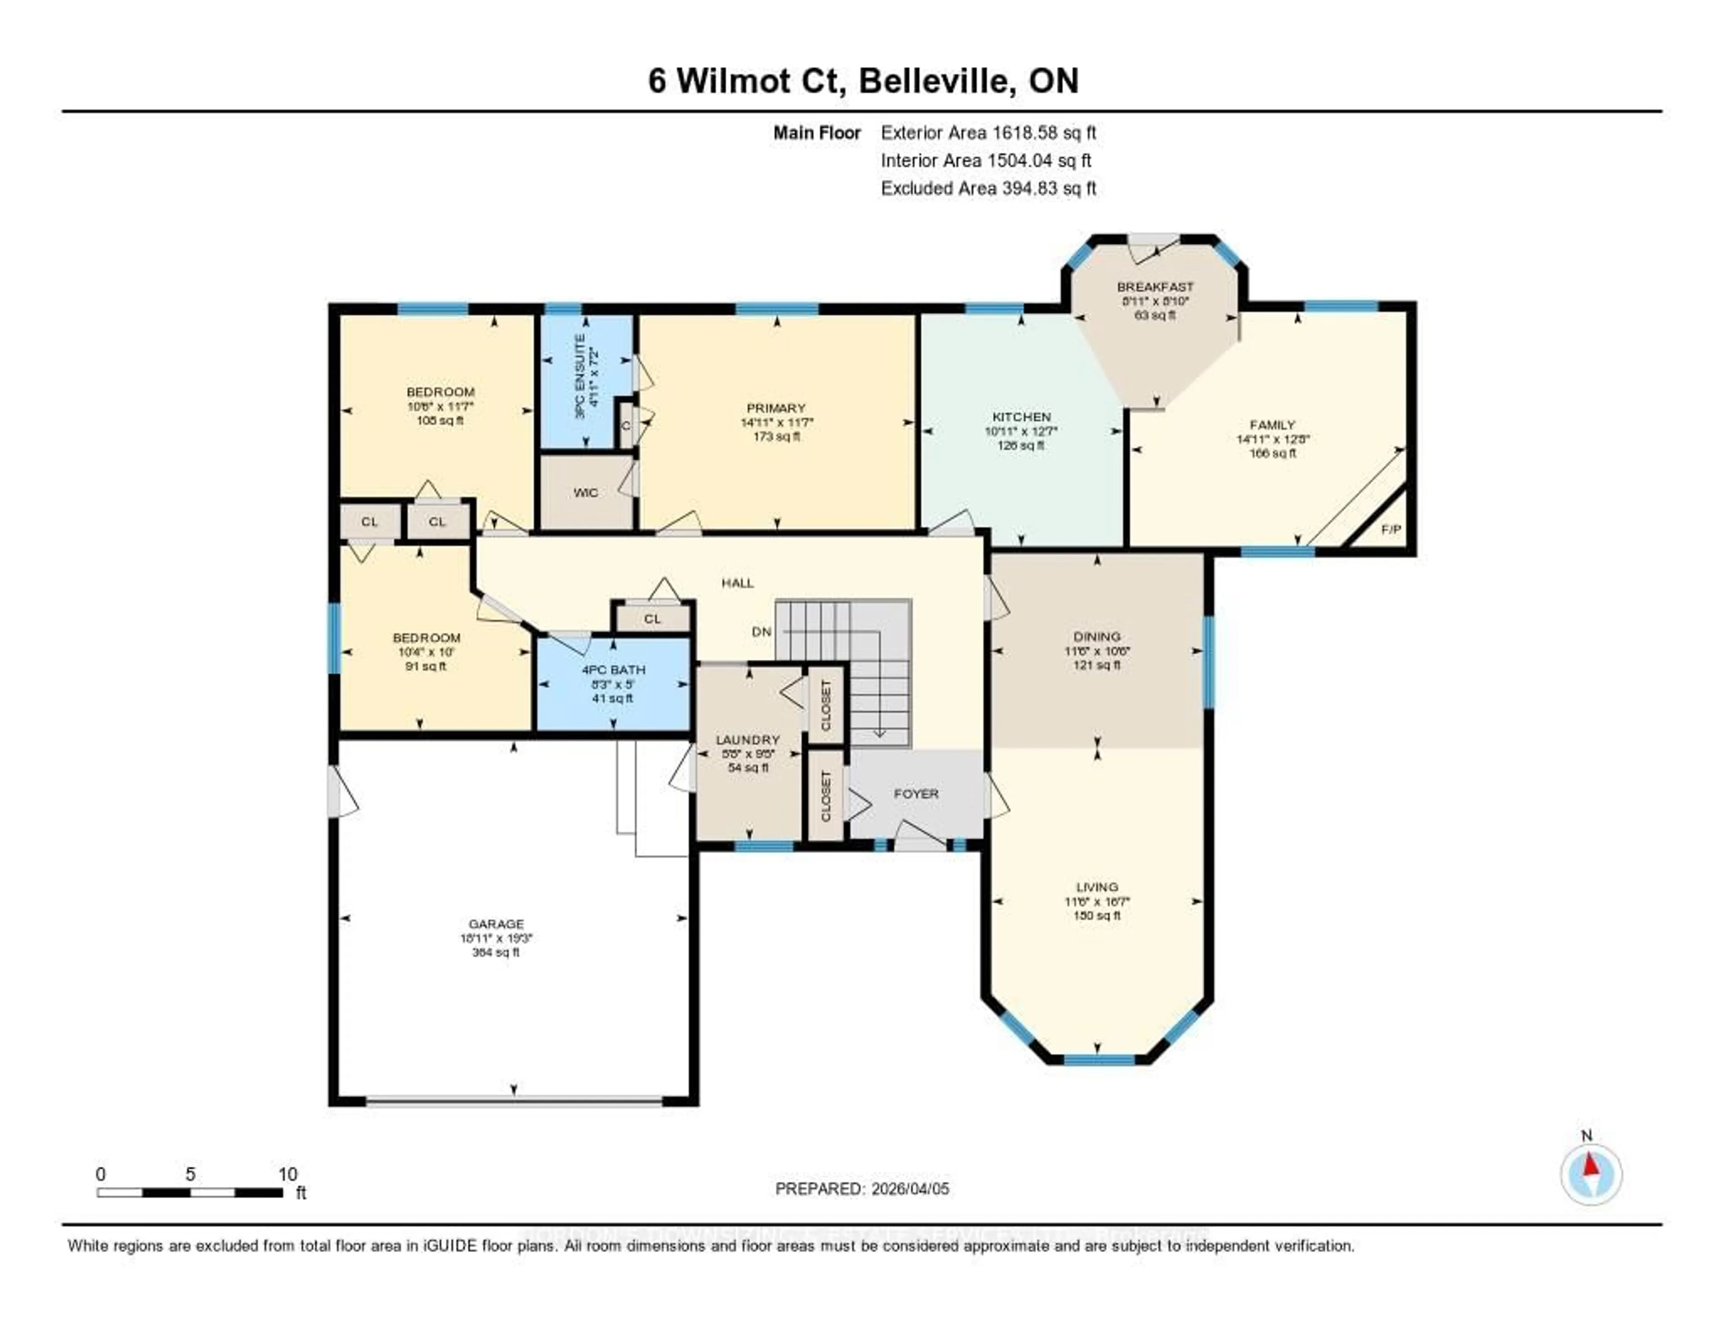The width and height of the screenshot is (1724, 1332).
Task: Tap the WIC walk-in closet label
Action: tap(586, 493)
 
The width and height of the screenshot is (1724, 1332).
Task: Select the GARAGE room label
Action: tap(496, 924)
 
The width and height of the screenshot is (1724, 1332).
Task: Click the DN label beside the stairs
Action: tap(761, 632)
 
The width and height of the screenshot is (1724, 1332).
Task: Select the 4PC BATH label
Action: tap(613, 670)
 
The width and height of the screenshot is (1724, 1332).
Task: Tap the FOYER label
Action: tap(916, 794)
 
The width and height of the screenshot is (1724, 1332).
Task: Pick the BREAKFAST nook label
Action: tap(1155, 287)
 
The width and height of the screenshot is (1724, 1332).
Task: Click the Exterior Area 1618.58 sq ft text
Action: tap(988, 132)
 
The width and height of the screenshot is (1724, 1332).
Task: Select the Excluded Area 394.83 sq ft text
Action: tap(988, 188)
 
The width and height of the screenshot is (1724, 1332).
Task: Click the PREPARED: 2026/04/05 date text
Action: tap(862, 1188)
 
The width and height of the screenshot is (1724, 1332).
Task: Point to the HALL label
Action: tap(737, 583)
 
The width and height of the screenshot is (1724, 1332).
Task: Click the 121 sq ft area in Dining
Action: tap(1096, 666)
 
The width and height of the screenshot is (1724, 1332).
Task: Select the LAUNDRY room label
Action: tap(748, 740)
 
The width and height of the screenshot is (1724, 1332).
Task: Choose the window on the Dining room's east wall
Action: tap(1208, 662)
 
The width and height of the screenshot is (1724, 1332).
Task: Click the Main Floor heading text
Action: tap(816, 132)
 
